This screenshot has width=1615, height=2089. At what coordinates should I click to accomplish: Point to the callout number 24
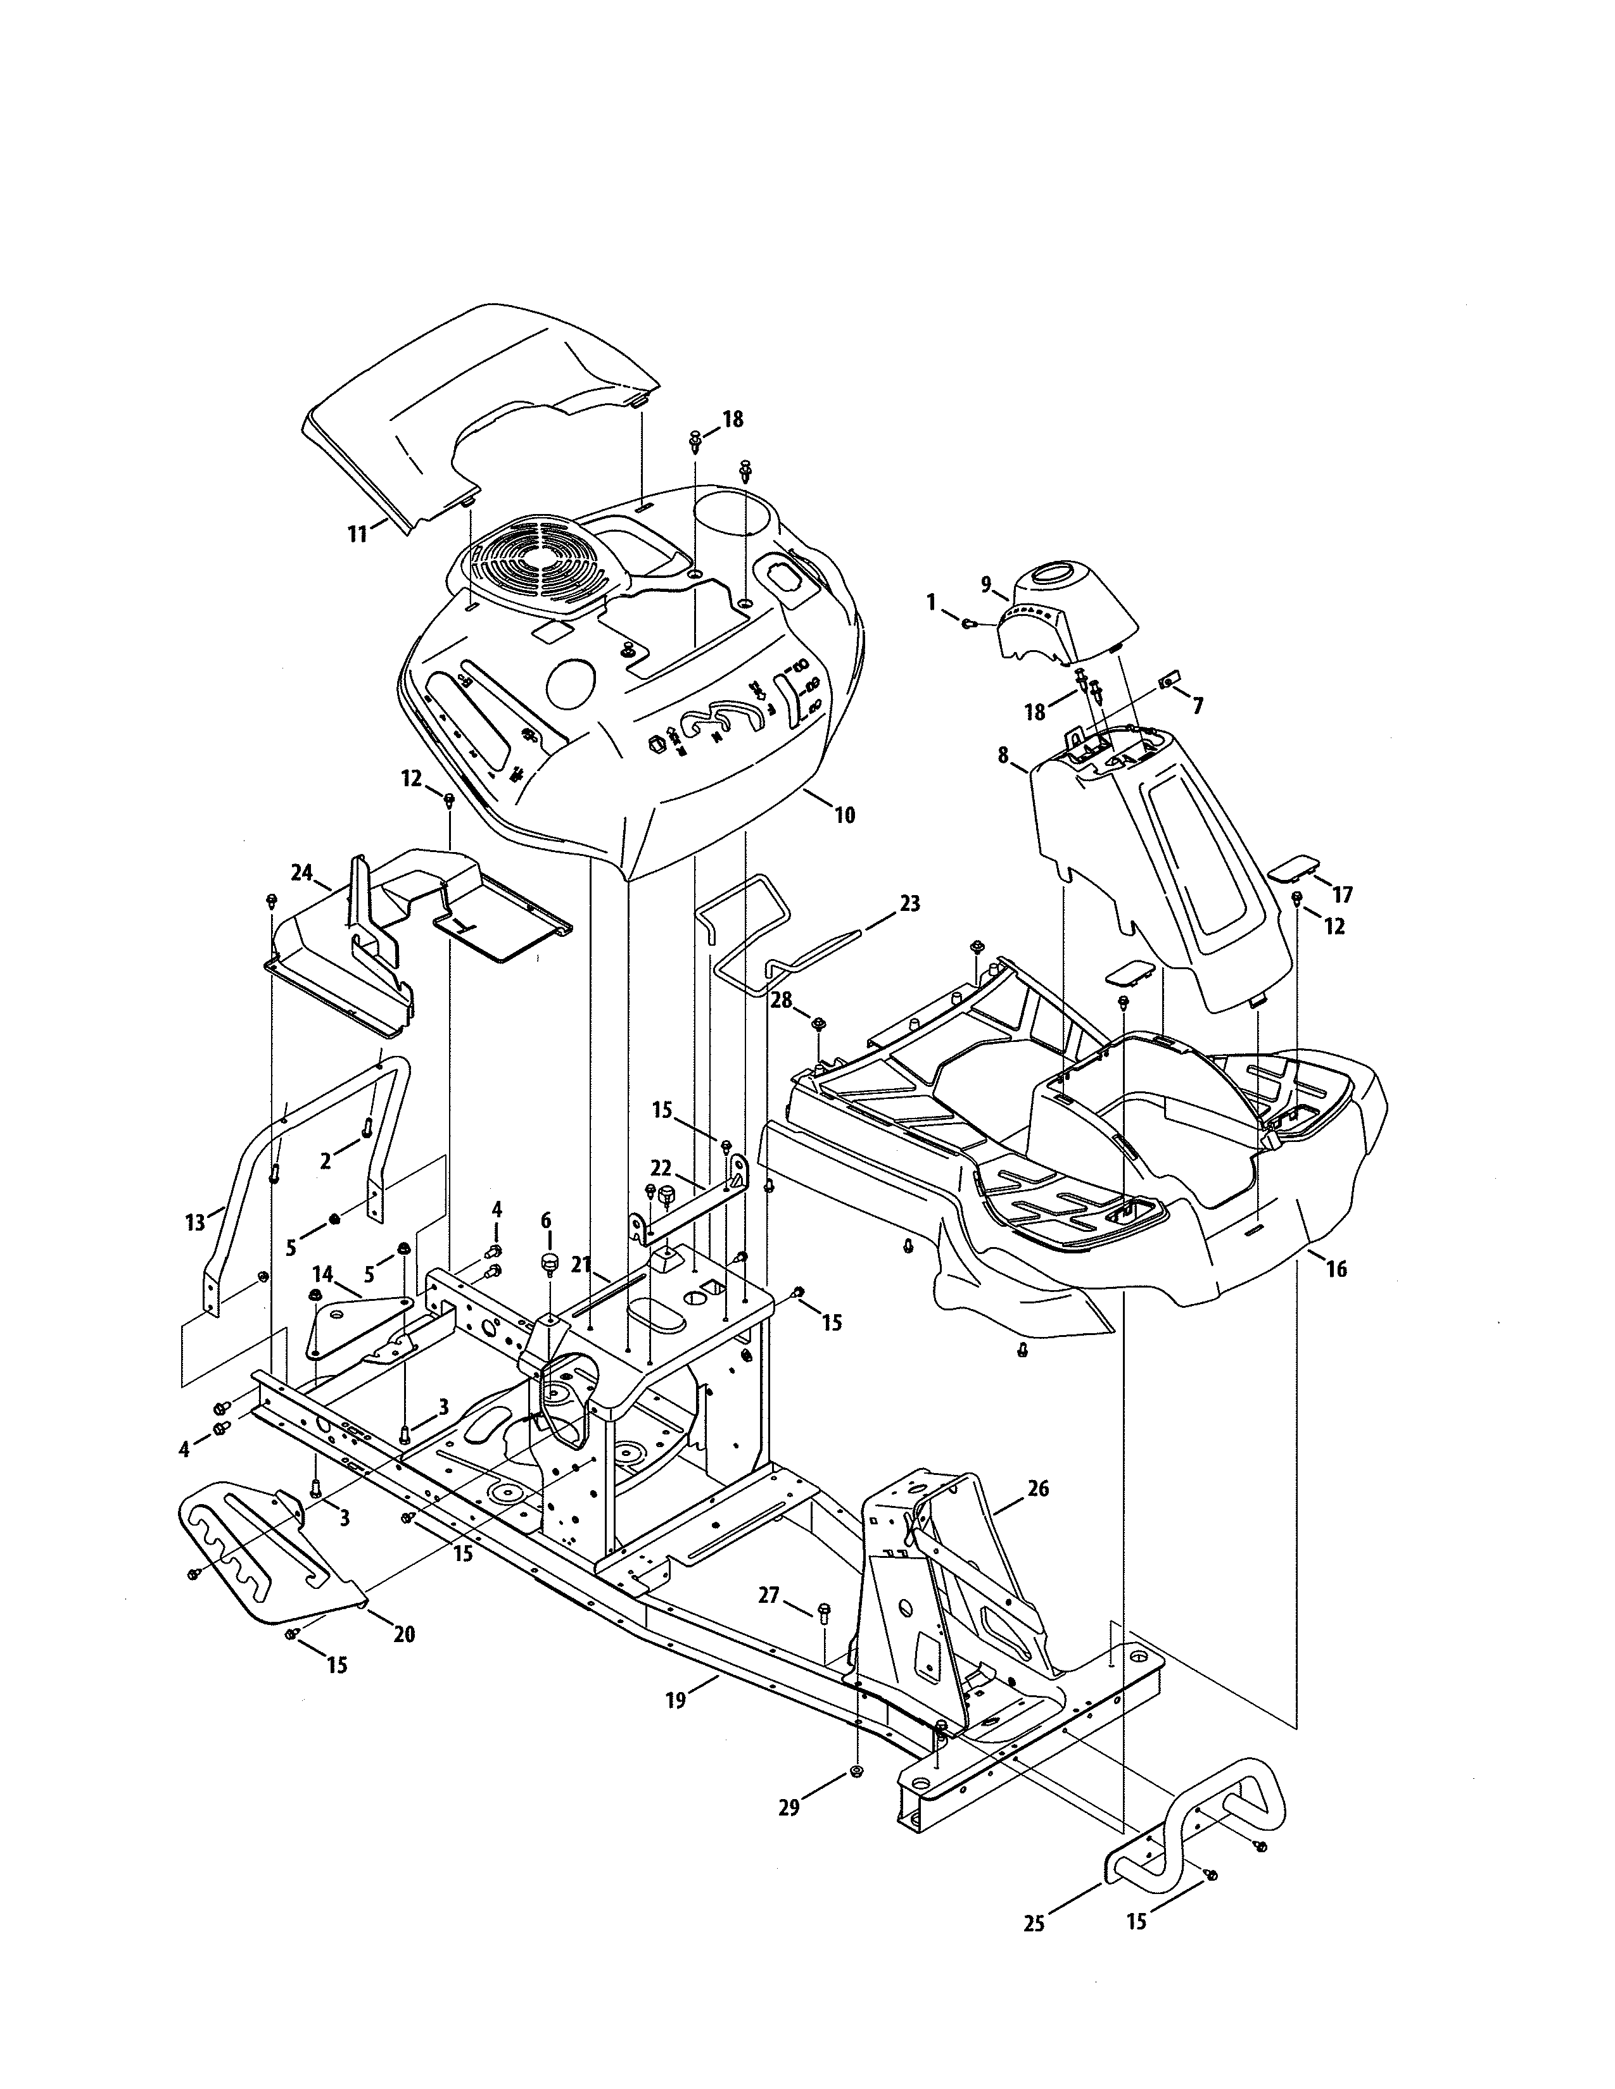click(301, 872)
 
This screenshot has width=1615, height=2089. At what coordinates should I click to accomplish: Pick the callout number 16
click(1336, 1269)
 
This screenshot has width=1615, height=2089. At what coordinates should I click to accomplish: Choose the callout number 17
click(1342, 894)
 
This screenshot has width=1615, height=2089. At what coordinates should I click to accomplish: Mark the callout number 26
click(1038, 1488)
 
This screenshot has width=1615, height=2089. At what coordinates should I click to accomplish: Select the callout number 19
click(676, 1701)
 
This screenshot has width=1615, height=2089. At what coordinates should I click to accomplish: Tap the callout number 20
click(405, 1634)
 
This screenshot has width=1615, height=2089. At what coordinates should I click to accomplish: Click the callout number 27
click(768, 1595)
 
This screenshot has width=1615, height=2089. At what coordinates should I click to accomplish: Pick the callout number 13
click(195, 1222)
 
